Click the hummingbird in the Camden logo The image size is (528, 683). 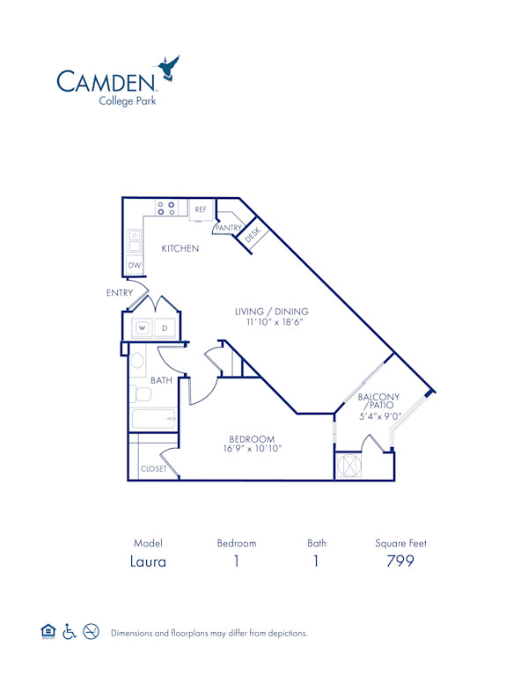[x=167, y=69]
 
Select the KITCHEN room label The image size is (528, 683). [x=180, y=248]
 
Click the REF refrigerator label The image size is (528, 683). [x=201, y=209]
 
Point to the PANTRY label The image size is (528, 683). [x=228, y=228]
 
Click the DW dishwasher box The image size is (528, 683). [x=135, y=265]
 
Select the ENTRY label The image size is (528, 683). [x=120, y=292]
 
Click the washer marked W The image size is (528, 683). [x=141, y=329]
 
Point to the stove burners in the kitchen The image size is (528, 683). [x=165, y=209]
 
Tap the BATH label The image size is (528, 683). [x=161, y=380]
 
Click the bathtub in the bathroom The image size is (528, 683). [x=153, y=418]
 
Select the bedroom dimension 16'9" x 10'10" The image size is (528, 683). [x=252, y=450]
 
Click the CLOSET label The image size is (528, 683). [x=153, y=469]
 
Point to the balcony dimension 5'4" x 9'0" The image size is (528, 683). [x=379, y=416]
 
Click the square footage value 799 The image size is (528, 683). [x=400, y=561]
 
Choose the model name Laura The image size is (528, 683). [x=149, y=561]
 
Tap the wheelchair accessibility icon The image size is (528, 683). [x=70, y=632]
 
